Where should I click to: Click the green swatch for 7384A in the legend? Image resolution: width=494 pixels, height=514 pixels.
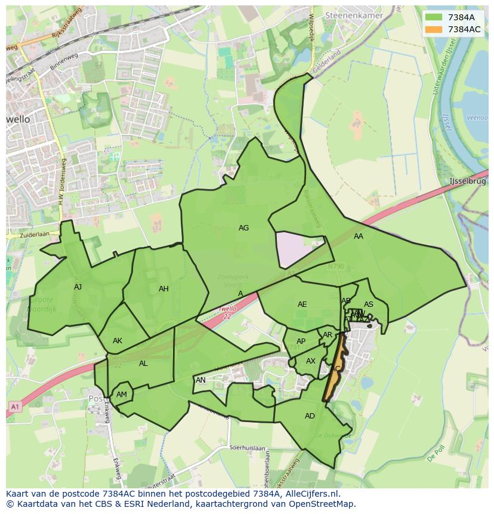pyautogui.click(x=434, y=17)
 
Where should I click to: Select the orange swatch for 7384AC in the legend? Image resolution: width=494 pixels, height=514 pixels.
pyautogui.click(x=434, y=29)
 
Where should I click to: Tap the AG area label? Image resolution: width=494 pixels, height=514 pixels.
pyautogui.click(x=243, y=228)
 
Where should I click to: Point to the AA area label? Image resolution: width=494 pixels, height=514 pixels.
pyautogui.click(x=358, y=236)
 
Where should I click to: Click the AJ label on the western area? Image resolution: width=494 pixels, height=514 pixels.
pyautogui.click(x=78, y=287)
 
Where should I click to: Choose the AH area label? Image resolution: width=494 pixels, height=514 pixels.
pyautogui.click(x=163, y=289)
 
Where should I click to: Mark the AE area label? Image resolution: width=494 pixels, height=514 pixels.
pyautogui.click(x=302, y=304)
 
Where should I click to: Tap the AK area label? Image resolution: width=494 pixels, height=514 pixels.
pyautogui.click(x=118, y=341)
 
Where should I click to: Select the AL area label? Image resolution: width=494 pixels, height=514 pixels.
pyautogui.click(x=143, y=364)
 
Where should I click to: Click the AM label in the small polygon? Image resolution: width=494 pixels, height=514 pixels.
pyautogui.click(x=122, y=395)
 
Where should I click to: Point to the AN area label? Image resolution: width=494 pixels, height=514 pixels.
pyautogui.click(x=200, y=380)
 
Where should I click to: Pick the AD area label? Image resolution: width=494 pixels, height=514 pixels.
pyautogui.click(x=310, y=416)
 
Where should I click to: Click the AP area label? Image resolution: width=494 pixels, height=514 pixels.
pyautogui.click(x=301, y=342)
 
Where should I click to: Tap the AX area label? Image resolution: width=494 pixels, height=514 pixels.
pyautogui.click(x=310, y=361)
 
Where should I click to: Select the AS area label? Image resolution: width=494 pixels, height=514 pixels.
pyautogui.click(x=369, y=304)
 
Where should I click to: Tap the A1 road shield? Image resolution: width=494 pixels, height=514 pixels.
pyautogui.click(x=14, y=407)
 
